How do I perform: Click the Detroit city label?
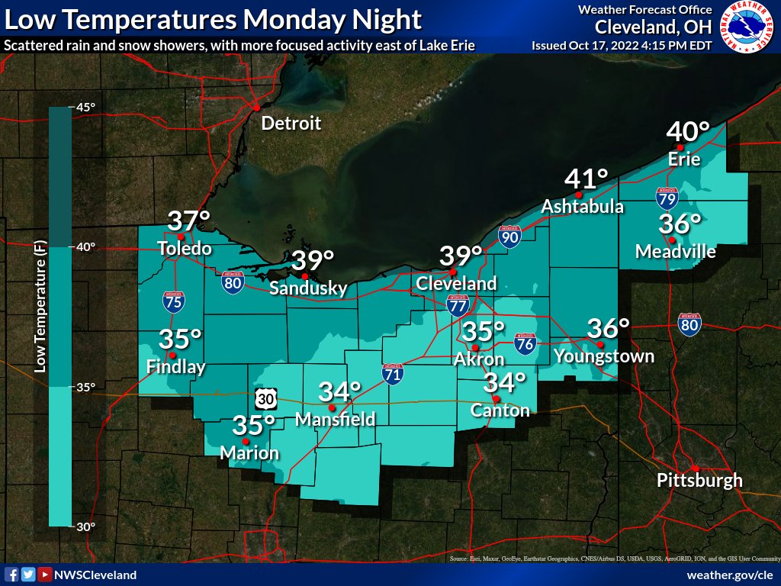[291, 124]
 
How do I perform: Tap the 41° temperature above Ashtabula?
[587, 180]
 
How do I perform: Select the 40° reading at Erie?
[688, 132]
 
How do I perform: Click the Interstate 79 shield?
[666, 198]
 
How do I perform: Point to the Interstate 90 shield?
[509, 237]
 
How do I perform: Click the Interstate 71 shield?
[393, 373]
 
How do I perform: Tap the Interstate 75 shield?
[173, 301]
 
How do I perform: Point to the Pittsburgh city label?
[699, 481]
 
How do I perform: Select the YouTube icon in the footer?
[45, 575]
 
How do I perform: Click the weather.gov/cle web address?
[730, 575]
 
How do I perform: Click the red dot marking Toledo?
[181, 237]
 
